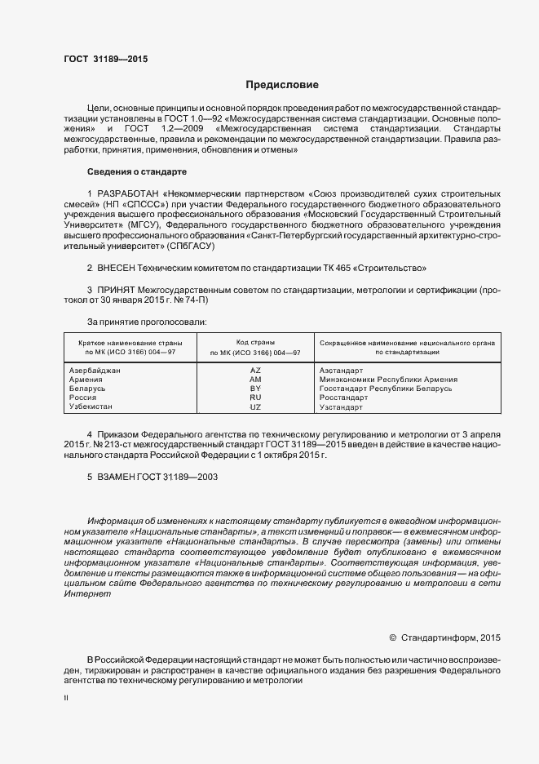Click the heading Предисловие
pyautogui.click(x=282, y=85)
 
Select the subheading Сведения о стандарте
pyautogui.click(x=136, y=172)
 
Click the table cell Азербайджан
pyautogui.click(x=95, y=371)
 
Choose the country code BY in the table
pyautogui.click(x=254, y=389)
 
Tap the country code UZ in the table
pyautogui.click(x=254, y=406)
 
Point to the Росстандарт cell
pyautogui.click(x=342, y=398)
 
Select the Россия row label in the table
pyautogui.click(x=83, y=398)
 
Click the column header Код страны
pyautogui.click(x=254, y=343)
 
